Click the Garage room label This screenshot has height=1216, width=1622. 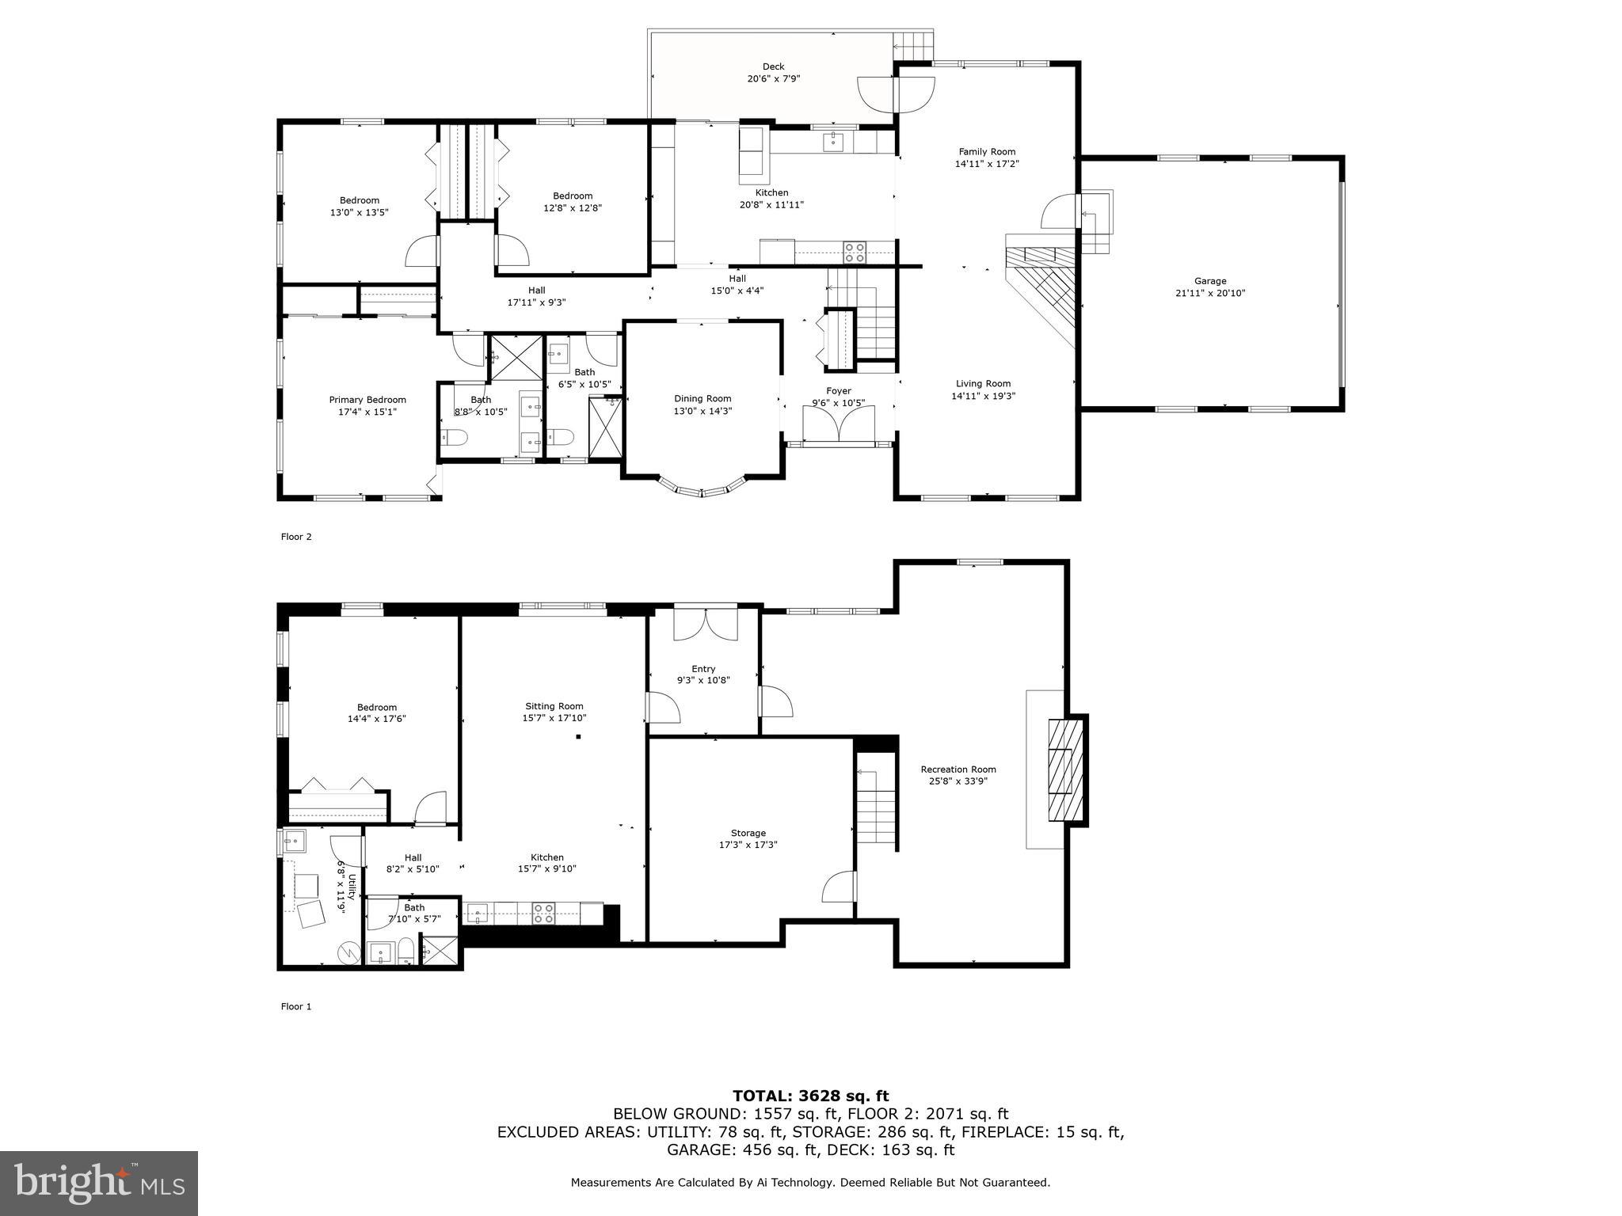pyautogui.click(x=1209, y=281)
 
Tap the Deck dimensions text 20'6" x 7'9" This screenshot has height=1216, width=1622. pyautogui.click(x=773, y=79)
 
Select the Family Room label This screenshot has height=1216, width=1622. pyautogui.click(x=986, y=152)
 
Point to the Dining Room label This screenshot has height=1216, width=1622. pyautogui.click(x=702, y=399)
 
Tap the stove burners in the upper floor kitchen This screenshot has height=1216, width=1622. pyautogui.click(x=855, y=253)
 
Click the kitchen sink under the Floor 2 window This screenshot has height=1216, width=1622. pyautogui.click(x=832, y=142)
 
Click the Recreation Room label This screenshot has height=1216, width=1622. pyautogui.click(x=958, y=769)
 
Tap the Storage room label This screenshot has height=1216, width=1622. pyautogui.click(x=748, y=833)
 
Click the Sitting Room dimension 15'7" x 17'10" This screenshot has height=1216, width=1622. pyautogui.click(x=554, y=718)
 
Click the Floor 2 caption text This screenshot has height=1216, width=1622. pyautogui.click(x=296, y=537)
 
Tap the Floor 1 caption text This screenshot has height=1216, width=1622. pyautogui.click(x=296, y=1007)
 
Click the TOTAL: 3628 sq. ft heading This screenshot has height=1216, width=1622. pyautogui.click(x=810, y=1096)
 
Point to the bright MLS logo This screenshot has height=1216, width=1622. pyautogui.click(x=99, y=1183)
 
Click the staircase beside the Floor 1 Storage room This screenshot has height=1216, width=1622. pyautogui.click(x=876, y=807)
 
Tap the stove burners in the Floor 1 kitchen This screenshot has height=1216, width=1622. pyautogui.click(x=543, y=914)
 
